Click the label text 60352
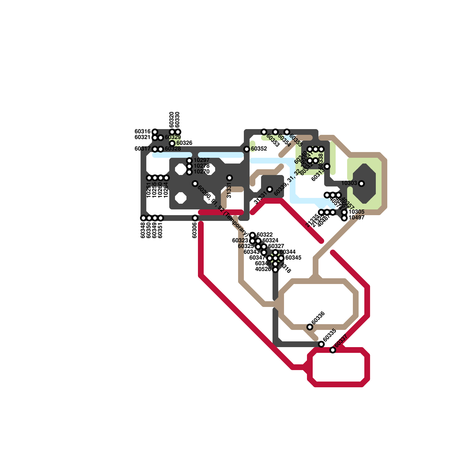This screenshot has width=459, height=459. [259, 149]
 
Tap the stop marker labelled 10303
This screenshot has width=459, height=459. [361, 184]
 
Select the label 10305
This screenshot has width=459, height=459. [356, 212]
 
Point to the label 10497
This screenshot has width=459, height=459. [356, 217]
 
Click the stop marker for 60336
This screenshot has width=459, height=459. [310, 327]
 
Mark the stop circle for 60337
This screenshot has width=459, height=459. [333, 350]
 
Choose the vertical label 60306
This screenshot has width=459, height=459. [195, 230]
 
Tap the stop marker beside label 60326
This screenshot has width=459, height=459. [172, 143]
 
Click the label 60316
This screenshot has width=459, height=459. [143, 131]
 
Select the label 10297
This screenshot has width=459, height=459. [201, 160]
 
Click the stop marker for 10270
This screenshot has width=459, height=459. [189, 172]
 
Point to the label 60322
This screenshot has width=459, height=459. [264, 235]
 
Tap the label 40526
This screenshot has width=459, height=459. [263, 269]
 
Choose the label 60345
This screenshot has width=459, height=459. [293, 258]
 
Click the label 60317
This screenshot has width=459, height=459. [143, 149]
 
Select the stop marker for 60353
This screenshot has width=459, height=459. [264, 132]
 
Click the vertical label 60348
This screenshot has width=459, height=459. [143, 230]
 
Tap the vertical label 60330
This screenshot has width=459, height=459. [178, 120]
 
